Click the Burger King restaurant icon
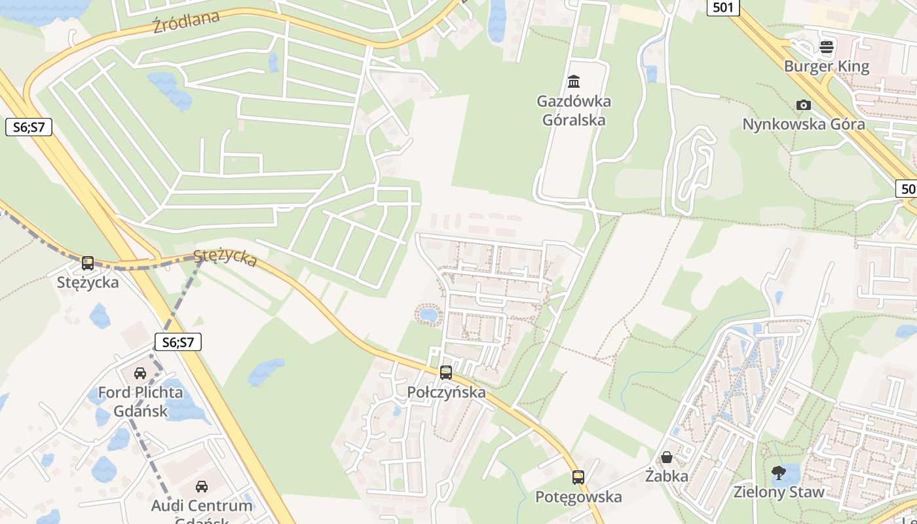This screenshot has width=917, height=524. coord(827,47)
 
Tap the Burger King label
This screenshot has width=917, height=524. coord(827,66)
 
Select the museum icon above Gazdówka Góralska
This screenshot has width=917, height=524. coord(574,82)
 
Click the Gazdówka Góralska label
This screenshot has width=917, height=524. coord(574,111)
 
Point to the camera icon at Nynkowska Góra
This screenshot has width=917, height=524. coord(803,105)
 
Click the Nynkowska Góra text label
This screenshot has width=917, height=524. coord(803,124)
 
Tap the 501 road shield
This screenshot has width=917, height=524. coord(723,7)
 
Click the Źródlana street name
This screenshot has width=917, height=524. coord(185,22)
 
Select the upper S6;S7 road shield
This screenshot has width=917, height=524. coord(29,127)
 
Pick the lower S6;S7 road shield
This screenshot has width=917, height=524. coord(178,342)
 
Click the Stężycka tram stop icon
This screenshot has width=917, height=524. coord(88,263)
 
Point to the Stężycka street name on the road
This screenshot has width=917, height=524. coord(225,257)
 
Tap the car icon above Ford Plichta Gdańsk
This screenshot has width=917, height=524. coord(140,373)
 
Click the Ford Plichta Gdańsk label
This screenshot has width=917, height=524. coord(140,402)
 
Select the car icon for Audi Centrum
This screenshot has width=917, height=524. coord(202,487)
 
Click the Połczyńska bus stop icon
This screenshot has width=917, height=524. coord(446,373)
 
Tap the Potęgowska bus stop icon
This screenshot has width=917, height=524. coord(578,477)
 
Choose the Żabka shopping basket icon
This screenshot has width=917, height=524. coord(667,457)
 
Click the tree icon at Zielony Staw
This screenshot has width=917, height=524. coord(779,473)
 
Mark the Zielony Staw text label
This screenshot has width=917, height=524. coord(779,492)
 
